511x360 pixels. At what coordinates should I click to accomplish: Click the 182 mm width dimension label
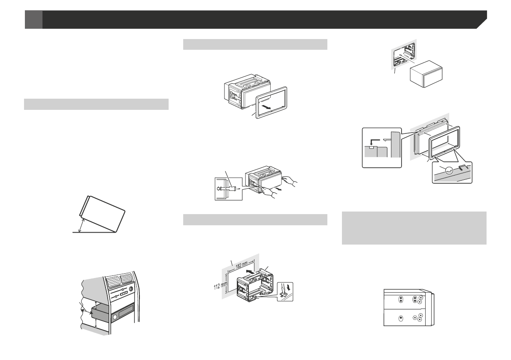[242, 265]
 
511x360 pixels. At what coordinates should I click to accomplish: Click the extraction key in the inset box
[230, 188]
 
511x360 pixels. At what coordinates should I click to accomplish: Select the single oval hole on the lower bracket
[400, 318]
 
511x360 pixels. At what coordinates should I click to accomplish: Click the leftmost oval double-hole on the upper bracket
[400, 300]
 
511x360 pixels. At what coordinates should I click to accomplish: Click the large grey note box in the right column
[414, 227]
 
